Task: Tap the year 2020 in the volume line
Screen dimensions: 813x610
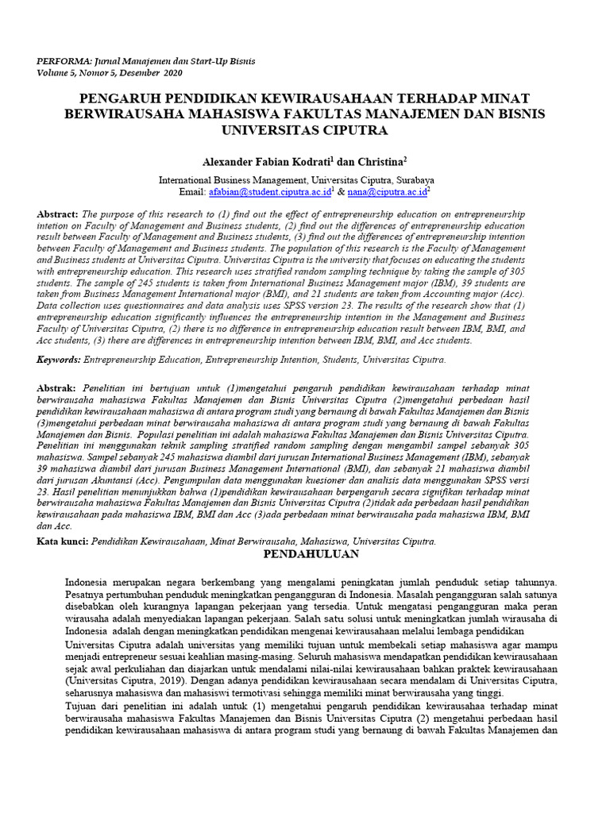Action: tap(172, 72)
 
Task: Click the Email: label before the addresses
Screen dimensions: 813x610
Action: tap(193, 191)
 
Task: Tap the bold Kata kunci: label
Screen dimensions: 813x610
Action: tap(64, 541)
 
